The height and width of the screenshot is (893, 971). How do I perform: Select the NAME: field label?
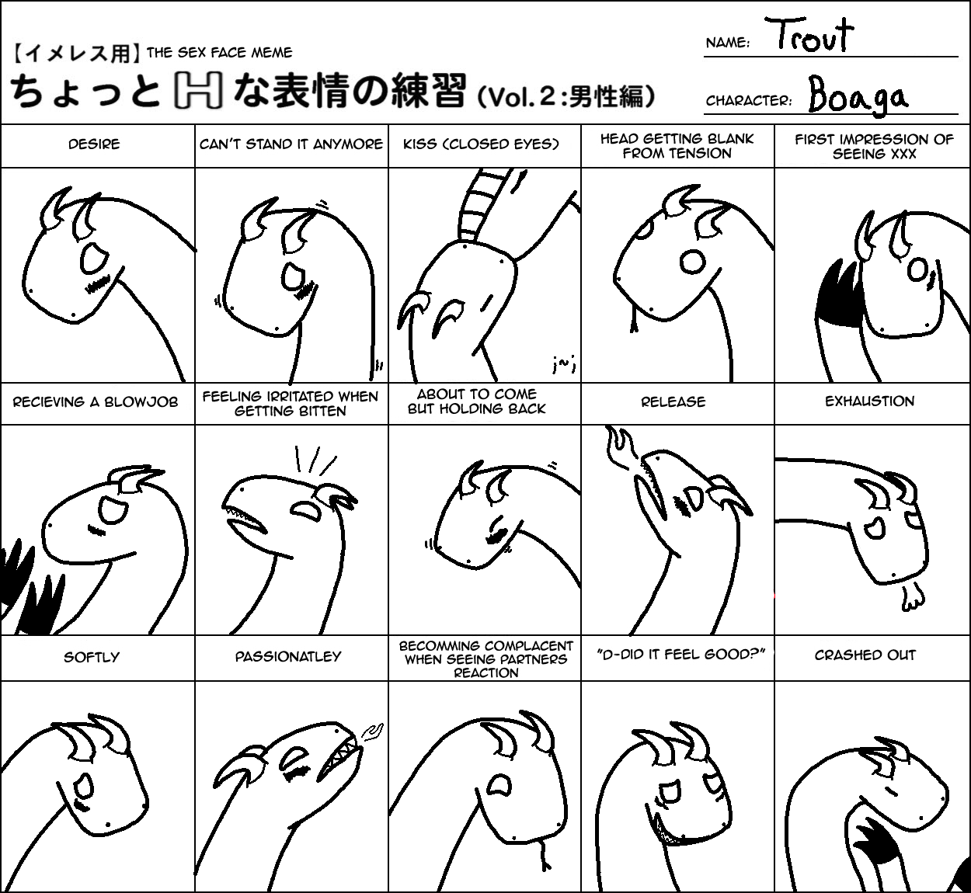click(728, 43)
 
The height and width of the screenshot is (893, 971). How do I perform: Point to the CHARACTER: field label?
click(749, 101)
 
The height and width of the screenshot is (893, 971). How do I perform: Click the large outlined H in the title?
click(197, 90)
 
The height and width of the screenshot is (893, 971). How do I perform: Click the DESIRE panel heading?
click(94, 144)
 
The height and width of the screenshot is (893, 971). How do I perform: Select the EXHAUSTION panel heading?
click(869, 401)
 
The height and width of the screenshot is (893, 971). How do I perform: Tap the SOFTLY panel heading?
click(92, 657)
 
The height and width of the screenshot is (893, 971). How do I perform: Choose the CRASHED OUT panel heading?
click(865, 655)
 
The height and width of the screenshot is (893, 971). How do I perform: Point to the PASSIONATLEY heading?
click(288, 657)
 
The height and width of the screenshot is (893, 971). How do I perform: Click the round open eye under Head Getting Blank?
click(692, 262)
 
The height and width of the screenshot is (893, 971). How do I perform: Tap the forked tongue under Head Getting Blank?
click(634, 321)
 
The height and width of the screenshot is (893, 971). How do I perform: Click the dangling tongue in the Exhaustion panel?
click(912, 598)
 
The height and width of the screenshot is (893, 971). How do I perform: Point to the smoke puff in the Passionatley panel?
click(372, 733)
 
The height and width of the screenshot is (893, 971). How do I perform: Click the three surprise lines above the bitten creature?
click(315, 460)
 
